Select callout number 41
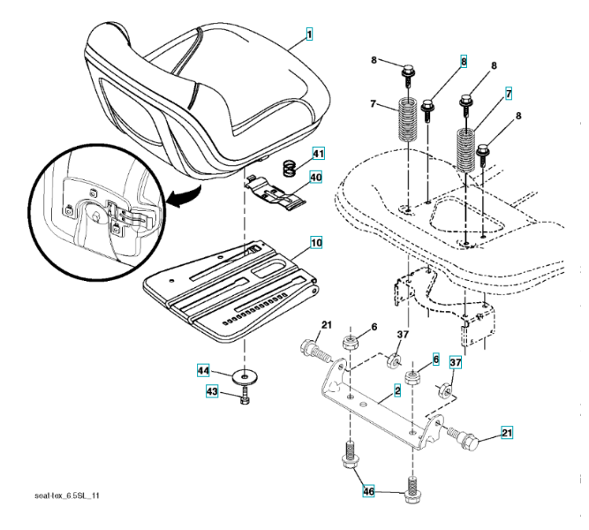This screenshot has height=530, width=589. coord(314,155)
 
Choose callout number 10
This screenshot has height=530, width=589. coord(315,239)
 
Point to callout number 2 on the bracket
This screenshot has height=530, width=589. coord(398,390)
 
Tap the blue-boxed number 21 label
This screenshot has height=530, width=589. coord(506,433)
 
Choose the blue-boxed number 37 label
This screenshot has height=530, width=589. coord(457,363)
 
